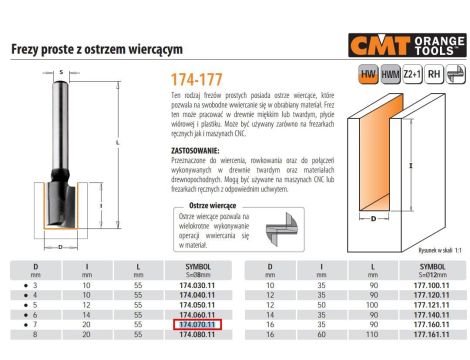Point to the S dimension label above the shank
coord(61,72)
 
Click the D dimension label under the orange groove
coord(373,215)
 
